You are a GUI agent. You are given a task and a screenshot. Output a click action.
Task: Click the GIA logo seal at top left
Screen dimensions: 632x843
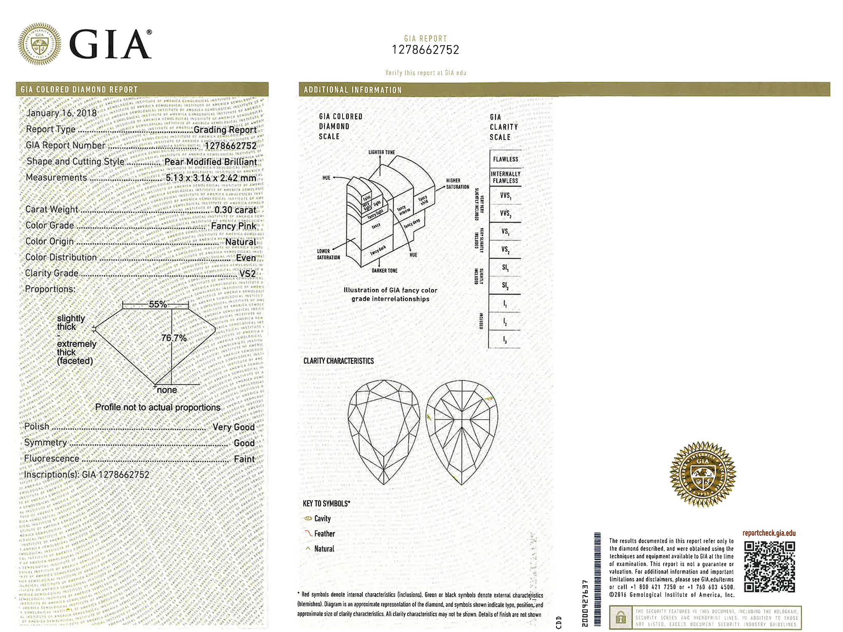click(39, 44)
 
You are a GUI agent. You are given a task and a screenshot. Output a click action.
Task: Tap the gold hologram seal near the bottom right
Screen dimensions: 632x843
click(702, 474)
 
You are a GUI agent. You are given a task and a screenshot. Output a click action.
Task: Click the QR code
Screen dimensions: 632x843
click(769, 567)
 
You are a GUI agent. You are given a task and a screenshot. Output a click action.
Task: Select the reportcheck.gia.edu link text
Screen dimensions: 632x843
click(769, 533)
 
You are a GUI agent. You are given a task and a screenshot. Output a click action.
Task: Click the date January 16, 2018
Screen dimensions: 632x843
click(62, 113)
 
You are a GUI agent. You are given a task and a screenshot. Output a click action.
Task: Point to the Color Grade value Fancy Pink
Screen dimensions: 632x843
click(233, 226)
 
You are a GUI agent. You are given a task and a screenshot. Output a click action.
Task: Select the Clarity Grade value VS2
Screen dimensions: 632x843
click(247, 274)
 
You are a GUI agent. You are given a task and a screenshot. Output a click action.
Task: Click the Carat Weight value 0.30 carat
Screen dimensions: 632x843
click(235, 210)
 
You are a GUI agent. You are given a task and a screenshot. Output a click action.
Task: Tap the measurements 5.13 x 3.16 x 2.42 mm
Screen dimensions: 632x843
click(211, 178)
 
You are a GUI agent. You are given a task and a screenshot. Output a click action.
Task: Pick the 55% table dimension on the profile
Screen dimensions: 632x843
click(158, 304)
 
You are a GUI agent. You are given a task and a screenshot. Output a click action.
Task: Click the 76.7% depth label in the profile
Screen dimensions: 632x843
click(174, 338)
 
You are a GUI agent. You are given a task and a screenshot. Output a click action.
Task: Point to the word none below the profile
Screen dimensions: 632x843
click(167, 390)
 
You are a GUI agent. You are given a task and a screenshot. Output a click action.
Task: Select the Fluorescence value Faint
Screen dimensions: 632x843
click(244, 459)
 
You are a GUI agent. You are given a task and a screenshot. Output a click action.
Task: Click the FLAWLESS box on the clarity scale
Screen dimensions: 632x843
click(506, 159)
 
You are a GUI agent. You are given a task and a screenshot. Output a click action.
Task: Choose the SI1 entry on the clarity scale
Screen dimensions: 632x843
click(505, 268)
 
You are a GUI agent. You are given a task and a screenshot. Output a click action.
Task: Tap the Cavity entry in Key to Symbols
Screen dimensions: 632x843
click(322, 519)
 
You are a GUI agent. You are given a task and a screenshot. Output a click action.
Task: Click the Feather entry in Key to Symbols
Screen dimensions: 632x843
click(324, 534)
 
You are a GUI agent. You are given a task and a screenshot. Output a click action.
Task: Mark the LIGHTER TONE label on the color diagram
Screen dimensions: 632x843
click(382, 152)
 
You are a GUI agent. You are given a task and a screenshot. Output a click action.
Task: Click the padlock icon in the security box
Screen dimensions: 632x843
click(620, 618)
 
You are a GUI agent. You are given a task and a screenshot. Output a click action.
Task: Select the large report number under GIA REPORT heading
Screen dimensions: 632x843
click(426, 50)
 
